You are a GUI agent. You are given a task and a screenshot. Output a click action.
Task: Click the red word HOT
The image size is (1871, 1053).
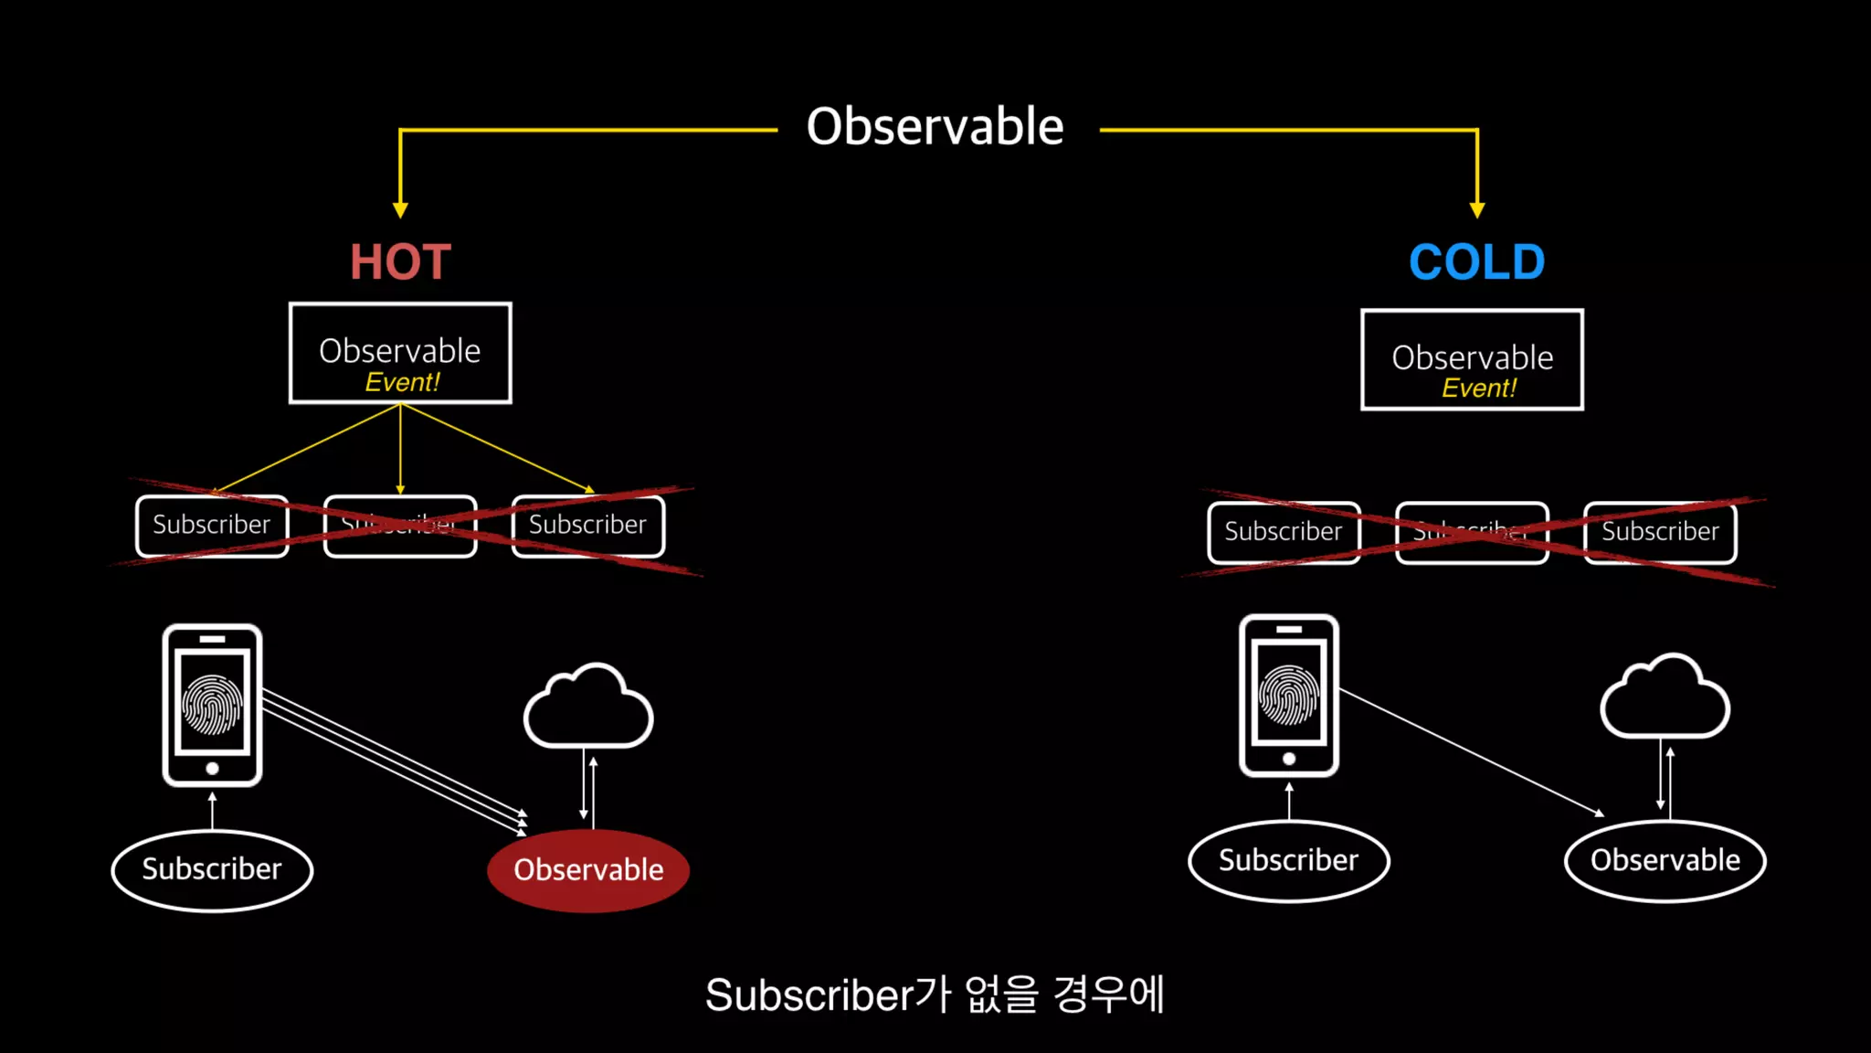pos(400,262)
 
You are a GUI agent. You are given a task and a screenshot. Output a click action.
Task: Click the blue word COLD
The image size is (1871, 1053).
pos(1476,262)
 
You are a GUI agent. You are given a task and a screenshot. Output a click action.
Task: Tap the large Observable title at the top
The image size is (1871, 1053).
pos(935,126)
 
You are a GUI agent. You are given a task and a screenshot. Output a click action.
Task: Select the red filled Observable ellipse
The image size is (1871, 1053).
pos(588,869)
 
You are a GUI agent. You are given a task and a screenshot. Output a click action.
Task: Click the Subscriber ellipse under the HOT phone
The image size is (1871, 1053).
pos(212,869)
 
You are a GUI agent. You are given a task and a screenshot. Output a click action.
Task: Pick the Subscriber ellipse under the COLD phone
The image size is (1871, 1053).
pos(1288,860)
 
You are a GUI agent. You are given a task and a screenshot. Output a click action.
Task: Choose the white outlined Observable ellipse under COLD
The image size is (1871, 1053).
pos(1665,860)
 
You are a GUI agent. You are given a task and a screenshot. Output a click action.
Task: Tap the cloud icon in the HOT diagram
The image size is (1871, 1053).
pos(588,707)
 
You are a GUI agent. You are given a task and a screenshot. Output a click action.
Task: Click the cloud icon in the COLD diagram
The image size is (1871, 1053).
pos(1665,698)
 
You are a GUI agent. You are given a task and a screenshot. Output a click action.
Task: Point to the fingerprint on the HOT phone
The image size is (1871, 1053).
pos(212,705)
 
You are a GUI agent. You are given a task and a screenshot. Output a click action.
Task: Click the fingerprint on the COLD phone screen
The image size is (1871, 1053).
pos(1288,696)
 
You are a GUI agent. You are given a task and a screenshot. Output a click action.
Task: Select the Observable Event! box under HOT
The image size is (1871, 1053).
pos(400,353)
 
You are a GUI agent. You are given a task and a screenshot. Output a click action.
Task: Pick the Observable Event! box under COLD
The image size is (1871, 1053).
pos(1472,359)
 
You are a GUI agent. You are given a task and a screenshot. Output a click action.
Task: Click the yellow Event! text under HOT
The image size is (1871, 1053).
pos(402,382)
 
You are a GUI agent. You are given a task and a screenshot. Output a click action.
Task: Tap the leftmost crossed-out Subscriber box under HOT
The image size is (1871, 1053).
pos(212,526)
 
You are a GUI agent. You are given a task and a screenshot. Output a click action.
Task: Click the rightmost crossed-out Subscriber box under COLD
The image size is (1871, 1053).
pos(1660,532)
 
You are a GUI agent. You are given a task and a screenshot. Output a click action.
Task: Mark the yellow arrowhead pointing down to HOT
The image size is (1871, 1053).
pos(400,210)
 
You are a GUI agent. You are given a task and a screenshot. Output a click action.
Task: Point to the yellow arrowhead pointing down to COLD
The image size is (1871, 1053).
pos(1476,210)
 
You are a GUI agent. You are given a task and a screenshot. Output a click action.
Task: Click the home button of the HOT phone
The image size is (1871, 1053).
pos(212,769)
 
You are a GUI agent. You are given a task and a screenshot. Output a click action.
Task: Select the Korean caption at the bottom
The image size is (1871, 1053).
pos(935,994)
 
